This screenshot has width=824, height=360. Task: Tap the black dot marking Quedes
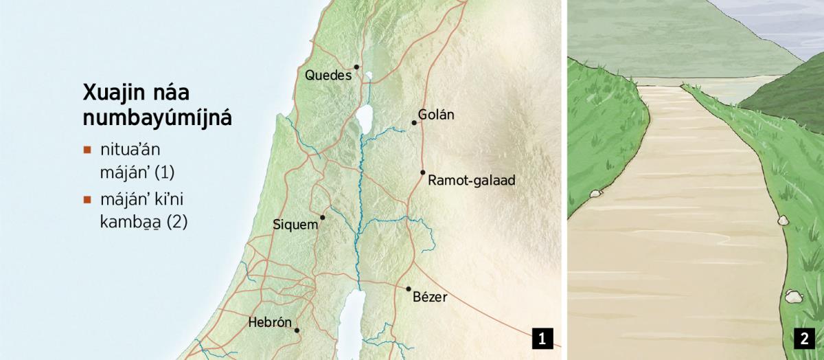pyautogui.click(x=357, y=67)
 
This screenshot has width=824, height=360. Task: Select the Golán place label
pyautogui.click(x=436, y=115)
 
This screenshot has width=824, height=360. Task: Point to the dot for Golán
pyautogui.click(x=414, y=123)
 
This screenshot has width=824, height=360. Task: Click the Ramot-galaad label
pyautogui.click(x=471, y=181)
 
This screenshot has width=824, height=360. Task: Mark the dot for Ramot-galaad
pyautogui.click(x=423, y=172)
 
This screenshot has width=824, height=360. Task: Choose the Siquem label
pyautogui.click(x=295, y=225)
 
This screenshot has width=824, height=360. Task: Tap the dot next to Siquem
pyautogui.click(x=323, y=217)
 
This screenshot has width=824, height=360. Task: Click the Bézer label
pyautogui.click(x=430, y=297)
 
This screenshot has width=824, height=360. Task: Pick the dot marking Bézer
pyautogui.click(x=409, y=289)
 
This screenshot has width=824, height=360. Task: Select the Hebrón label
pyautogui.click(x=270, y=322)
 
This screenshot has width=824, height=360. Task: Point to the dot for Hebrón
pyautogui.click(x=297, y=330)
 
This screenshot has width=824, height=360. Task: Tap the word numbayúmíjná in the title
pyautogui.click(x=157, y=118)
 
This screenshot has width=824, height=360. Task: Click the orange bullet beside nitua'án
pyautogui.click(x=87, y=149)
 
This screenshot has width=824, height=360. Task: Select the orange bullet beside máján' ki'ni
pyautogui.click(x=87, y=201)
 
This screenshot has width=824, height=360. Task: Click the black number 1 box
pyautogui.click(x=542, y=338)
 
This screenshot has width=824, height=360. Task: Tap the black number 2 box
pyautogui.click(x=803, y=338)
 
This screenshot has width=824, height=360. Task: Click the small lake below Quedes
pyautogui.click(x=369, y=76)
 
